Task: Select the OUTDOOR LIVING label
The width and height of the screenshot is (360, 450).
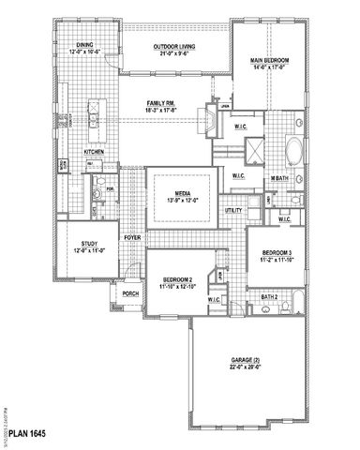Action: click(179, 44)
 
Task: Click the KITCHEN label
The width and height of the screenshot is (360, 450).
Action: click(96, 151)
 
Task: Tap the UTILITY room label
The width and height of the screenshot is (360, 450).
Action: click(234, 211)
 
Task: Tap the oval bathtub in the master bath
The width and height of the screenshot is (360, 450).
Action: click(292, 150)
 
